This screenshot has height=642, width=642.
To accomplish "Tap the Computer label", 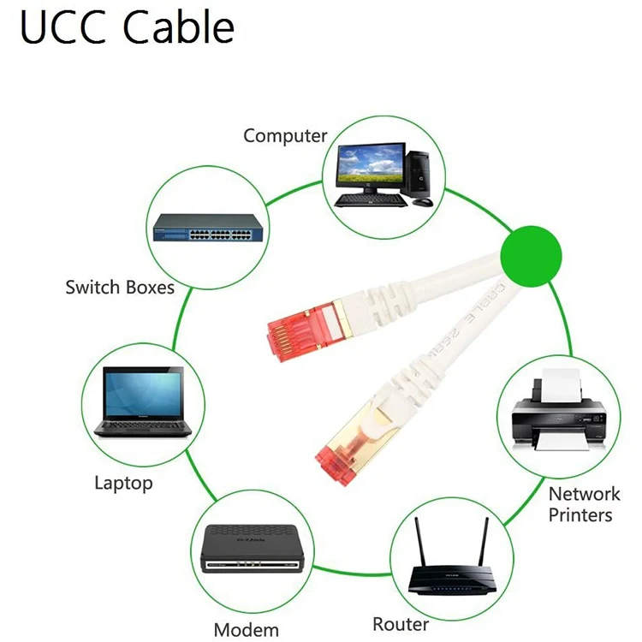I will (x=285, y=135).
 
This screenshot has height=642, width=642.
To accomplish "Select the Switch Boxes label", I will (x=120, y=287).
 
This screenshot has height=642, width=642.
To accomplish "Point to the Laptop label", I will (x=123, y=483).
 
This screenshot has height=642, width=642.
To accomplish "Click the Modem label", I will (x=247, y=630).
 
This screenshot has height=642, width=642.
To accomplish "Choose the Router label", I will (x=401, y=623).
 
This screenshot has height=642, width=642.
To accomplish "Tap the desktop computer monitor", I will (x=371, y=166).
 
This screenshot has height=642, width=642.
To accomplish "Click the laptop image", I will (x=143, y=401).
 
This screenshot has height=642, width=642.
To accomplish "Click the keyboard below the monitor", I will (x=370, y=199).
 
